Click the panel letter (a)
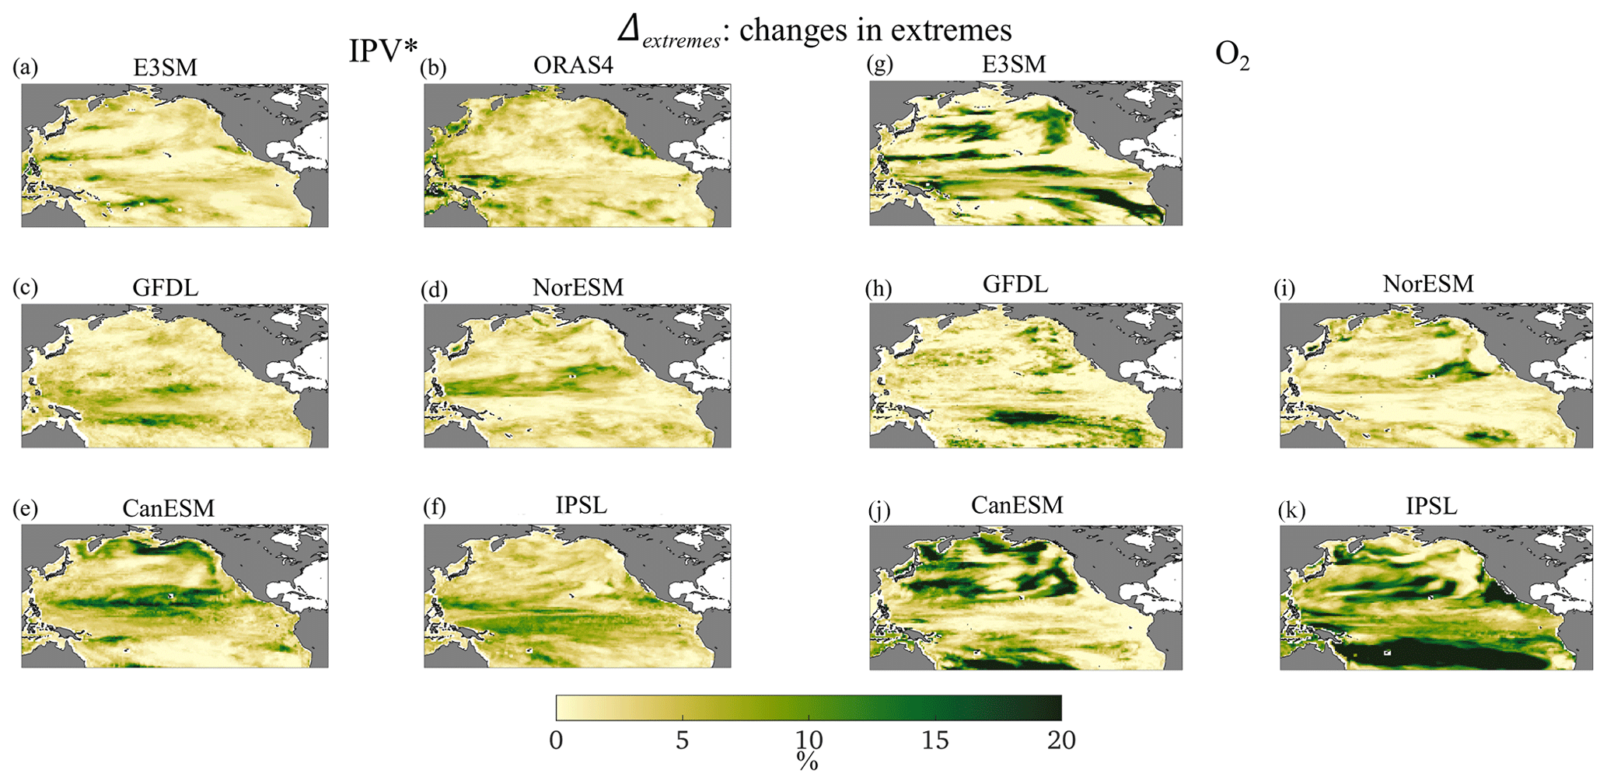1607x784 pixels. pyautogui.click(x=25, y=68)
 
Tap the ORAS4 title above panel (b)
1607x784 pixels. pyautogui.click(x=573, y=65)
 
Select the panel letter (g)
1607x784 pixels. pyautogui.click(x=879, y=64)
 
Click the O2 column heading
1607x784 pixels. pyautogui.click(x=1231, y=55)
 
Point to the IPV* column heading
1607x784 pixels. pyautogui.click(x=383, y=51)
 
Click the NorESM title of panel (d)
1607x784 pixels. pyautogui.click(x=578, y=287)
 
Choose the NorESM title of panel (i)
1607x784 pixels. pyautogui.click(x=1427, y=284)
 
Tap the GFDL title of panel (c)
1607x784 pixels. pyautogui.click(x=165, y=287)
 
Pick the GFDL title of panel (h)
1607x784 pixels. pyautogui.click(x=1015, y=284)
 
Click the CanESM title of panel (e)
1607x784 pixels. pyautogui.click(x=168, y=508)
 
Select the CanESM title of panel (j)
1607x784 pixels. pyautogui.click(x=1016, y=505)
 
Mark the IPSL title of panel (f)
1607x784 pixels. pyautogui.click(x=581, y=505)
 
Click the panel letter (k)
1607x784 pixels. pyautogui.click(x=1291, y=510)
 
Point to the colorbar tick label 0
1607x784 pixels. pyautogui.click(x=556, y=740)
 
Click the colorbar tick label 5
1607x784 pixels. pyautogui.click(x=682, y=740)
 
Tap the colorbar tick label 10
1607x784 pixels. pyautogui.click(x=808, y=740)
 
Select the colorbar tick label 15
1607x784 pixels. pyautogui.click(x=935, y=740)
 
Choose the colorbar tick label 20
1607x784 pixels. pyautogui.click(x=1060, y=740)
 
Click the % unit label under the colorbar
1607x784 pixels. pyautogui.click(x=807, y=761)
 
